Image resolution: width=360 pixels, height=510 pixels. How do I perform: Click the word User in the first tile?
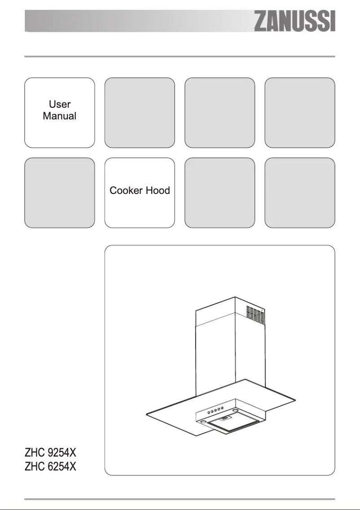click(59, 105)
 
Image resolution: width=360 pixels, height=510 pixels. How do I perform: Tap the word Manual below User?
click(59, 116)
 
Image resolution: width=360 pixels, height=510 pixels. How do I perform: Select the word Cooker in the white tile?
click(125, 191)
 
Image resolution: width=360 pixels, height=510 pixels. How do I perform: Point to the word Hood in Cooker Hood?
click(156, 191)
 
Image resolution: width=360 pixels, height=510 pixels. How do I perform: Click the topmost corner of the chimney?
click(235, 298)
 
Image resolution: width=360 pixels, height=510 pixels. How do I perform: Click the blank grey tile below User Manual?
click(59, 193)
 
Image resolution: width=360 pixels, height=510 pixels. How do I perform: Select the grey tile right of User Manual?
click(139, 112)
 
